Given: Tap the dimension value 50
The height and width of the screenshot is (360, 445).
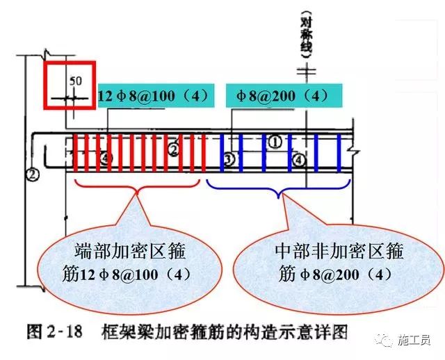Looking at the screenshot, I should pos(76,81).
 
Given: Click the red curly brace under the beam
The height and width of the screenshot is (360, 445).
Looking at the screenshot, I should pos(138,186).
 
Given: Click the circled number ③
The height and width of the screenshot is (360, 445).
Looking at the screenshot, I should pos(229,161).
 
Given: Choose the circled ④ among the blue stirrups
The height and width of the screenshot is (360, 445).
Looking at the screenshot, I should pos(298,160).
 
